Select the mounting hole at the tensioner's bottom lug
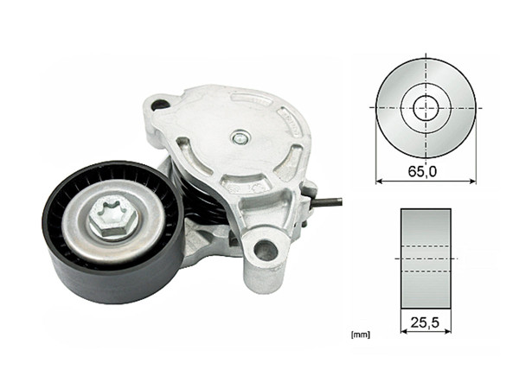266,252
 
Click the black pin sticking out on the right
328,204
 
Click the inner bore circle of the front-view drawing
425,108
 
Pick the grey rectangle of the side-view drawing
426,258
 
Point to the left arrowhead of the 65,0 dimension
378,182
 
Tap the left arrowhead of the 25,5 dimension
403,330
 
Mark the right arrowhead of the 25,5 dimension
448,330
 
